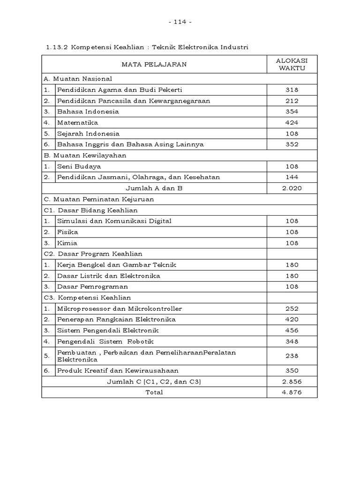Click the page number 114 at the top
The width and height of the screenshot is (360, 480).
180,22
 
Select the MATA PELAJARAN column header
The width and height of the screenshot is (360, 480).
154,64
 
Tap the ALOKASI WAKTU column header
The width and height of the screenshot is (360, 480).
292,64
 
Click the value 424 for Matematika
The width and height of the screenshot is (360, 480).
292,122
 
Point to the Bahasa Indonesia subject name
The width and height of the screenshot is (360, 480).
88,112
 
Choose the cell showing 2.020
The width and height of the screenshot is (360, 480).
292,188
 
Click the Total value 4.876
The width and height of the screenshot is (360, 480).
292,392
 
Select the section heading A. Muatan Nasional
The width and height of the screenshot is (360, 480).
78,79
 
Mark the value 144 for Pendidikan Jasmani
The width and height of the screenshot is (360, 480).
292,177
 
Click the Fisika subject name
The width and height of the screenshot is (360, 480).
67,232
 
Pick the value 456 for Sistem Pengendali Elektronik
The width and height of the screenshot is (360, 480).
292,330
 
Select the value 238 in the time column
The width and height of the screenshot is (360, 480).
292,356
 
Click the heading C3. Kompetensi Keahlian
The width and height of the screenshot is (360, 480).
87,298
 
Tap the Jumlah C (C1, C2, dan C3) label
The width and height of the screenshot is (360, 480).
154,382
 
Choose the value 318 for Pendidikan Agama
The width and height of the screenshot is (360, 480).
292,90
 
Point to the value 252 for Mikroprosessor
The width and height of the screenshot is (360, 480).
292,308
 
